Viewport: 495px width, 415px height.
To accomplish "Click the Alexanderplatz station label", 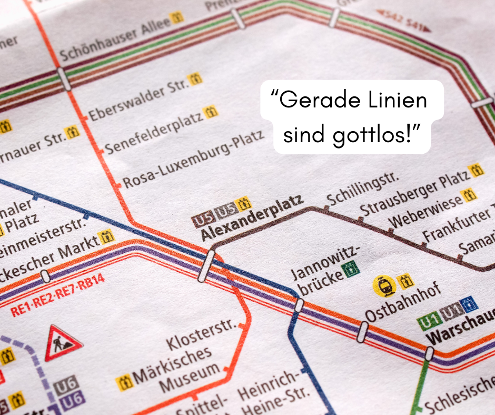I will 253,218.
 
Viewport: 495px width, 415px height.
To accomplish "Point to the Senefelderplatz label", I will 153,131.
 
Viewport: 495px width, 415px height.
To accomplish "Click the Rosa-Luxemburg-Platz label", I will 193,159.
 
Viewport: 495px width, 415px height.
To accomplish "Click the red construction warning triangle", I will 63,343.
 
